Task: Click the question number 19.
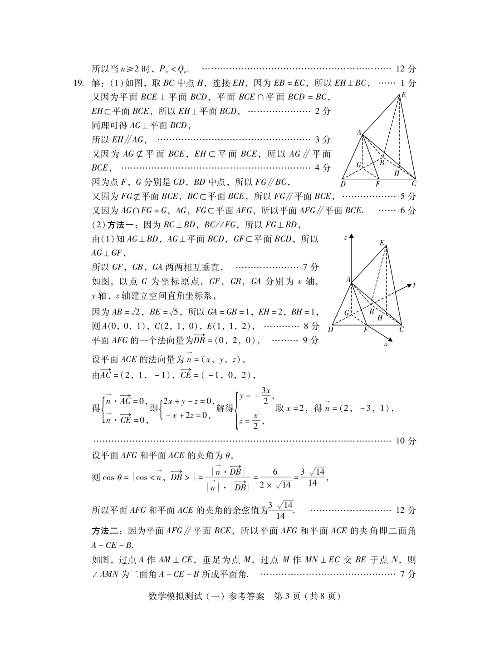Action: click(78, 83)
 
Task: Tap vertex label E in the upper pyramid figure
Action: click(403, 95)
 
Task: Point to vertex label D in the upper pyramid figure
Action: click(343, 184)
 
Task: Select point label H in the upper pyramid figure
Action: click(397, 173)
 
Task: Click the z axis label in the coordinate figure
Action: click(345, 237)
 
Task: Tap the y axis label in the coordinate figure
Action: click(415, 285)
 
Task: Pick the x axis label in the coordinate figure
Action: click(386, 344)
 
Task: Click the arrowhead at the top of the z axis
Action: click(351, 236)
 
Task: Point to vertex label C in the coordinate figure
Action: click(402, 329)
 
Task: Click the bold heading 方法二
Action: click(106, 531)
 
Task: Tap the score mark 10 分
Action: click(406, 441)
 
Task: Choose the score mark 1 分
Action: click(408, 83)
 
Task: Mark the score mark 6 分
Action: click(408, 211)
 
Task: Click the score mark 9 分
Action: click(310, 340)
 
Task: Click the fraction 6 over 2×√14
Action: click(275, 478)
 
